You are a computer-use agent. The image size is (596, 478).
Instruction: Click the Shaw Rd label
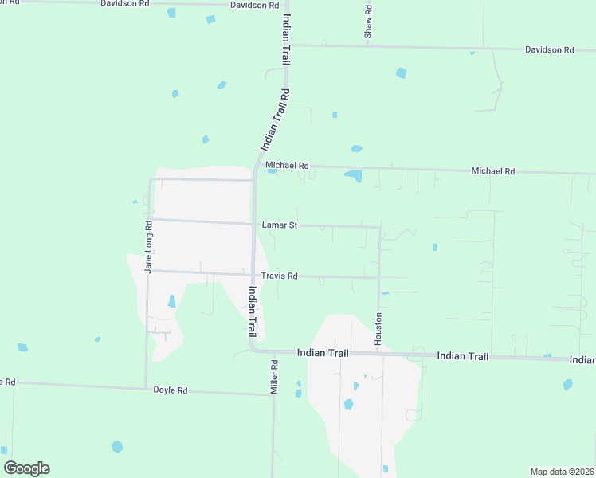[x=368, y=22]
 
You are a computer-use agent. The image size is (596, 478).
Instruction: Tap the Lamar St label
[x=280, y=225]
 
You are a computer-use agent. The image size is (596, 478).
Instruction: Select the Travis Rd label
[x=280, y=276]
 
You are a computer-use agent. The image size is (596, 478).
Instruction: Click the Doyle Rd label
[x=171, y=391]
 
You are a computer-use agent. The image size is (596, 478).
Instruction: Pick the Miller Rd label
[x=273, y=377]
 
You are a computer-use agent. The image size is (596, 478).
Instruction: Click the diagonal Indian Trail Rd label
[x=275, y=119]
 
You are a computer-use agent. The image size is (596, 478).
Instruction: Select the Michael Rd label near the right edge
[x=493, y=171]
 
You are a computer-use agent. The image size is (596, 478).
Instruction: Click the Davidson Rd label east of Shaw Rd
[x=549, y=50]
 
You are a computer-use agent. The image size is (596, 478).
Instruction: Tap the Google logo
[x=26, y=468]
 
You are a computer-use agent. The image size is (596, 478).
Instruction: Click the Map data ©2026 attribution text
[x=562, y=472]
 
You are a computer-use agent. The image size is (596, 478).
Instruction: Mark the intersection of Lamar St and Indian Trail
[x=254, y=224]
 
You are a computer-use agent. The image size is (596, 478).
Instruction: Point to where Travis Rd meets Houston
[x=379, y=278]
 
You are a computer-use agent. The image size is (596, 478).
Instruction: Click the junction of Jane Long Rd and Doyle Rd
[x=146, y=386]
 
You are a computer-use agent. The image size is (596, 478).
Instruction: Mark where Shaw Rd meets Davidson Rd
[x=368, y=46]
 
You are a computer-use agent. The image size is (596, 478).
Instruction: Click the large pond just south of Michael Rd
[x=353, y=176]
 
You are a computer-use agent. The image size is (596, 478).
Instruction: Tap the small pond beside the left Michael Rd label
[x=273, y=170]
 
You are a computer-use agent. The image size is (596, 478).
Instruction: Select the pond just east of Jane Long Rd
[x=171, y=301]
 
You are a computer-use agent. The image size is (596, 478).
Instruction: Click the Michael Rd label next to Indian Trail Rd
[x=287, y=166]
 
